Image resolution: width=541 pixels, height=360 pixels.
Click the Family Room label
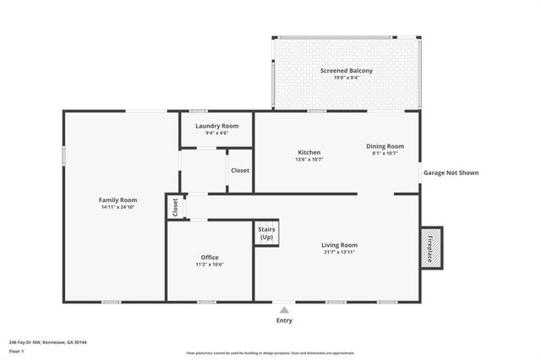point(117,199)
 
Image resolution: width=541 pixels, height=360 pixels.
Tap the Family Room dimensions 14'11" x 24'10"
point(117,207)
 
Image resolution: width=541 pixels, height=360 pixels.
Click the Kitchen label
point(309,152)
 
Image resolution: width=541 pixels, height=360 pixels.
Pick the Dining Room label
point(385,145)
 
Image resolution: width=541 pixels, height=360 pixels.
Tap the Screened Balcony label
point(347,70)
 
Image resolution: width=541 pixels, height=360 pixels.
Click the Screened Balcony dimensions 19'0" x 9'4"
point(347,78)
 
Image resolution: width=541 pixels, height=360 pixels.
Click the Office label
point(210,257)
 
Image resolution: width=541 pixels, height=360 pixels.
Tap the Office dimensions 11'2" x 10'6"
point(210,265)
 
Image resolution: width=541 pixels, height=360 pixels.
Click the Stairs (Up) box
point(266,233)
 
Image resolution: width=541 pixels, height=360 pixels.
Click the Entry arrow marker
point(284,310)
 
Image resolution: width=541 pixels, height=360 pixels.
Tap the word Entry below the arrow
point(284,321)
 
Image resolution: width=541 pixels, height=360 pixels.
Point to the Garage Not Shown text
point(451,172)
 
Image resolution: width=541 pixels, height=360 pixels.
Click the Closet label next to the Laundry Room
point(240,170)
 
